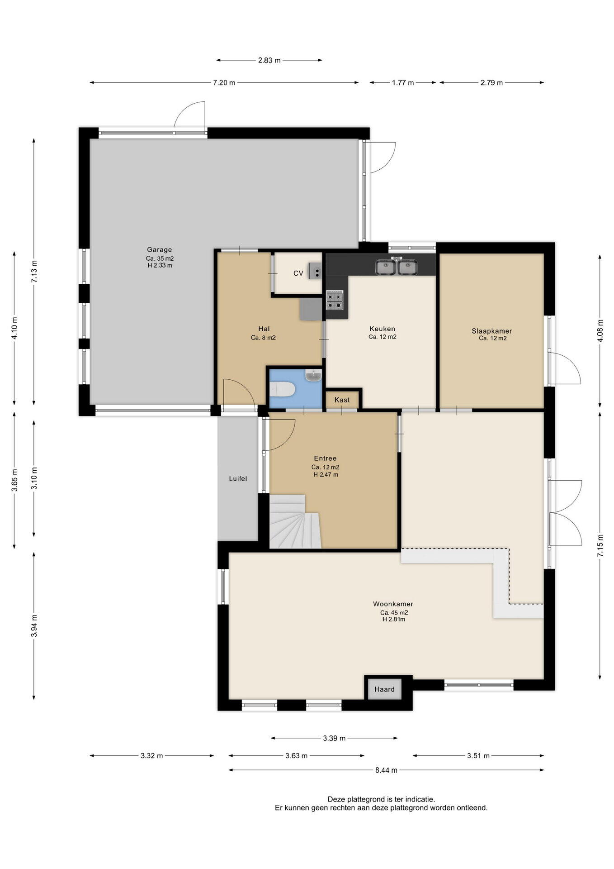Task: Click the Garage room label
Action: (x=159, y=249)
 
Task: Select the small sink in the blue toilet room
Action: (x=313, y=375)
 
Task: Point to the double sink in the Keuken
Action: (x=397, y=267)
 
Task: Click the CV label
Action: (x=298, y=273)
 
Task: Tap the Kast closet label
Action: (x=342, y=400)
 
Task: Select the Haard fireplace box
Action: (x=384, y=689)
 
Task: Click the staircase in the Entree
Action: (x=295, y=521)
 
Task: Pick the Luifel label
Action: (x=238, y=478)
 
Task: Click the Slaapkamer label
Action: (x=492, y=331)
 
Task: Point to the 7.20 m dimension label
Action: (x=224, y=83)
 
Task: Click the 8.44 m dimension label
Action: (x=386, y=770)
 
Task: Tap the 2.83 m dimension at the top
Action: (x=269, y=60)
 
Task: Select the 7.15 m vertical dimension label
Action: (x=600, y=547)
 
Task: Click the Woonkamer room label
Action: (x=393, y=604)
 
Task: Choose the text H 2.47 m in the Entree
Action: (x=326, y=475)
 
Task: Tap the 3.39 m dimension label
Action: (x=334, y=738)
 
